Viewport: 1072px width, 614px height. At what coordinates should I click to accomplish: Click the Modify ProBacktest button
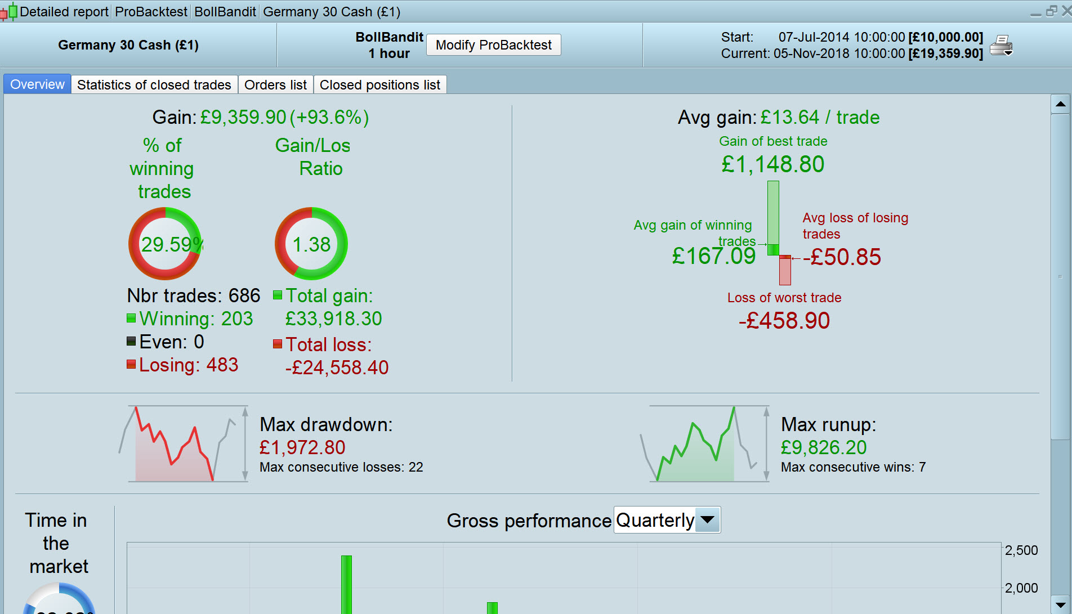click(493, 45)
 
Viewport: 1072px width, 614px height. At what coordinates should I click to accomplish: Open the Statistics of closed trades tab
click(154, 85)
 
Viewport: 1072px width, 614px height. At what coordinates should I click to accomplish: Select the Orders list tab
click(275, 85)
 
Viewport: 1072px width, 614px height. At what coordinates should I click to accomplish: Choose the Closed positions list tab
click(379, 85)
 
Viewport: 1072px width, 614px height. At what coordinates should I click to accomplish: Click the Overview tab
click(37, 84)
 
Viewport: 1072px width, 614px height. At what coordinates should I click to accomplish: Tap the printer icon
click(1001, 45)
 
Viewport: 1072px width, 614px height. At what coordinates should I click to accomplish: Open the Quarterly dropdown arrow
click(707, 519)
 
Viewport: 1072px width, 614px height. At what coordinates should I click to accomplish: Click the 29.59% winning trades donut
click(165, 244)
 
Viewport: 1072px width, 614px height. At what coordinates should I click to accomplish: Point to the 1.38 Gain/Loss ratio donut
click(311, 244)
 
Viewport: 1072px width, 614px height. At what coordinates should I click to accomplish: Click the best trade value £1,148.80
click(772, 164)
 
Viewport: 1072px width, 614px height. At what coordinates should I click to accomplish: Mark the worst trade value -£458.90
click(784, 321)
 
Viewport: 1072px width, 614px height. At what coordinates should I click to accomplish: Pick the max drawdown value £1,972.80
click(302, 447)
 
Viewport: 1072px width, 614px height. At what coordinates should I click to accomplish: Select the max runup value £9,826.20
click(823, 447)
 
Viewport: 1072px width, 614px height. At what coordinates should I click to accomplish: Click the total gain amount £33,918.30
click(333, 319)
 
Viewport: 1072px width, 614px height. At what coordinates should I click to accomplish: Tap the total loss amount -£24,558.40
click(337, 367)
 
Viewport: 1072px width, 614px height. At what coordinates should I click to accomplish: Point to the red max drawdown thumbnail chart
click(183, 444)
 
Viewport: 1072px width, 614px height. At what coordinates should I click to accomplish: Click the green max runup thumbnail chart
click(704, 444)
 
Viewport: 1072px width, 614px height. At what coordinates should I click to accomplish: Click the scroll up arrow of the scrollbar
click(1060, 104)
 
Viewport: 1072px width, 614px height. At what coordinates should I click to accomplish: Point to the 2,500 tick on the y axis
click(1021, 550)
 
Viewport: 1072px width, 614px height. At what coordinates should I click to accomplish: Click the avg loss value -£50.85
click(842, 257)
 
